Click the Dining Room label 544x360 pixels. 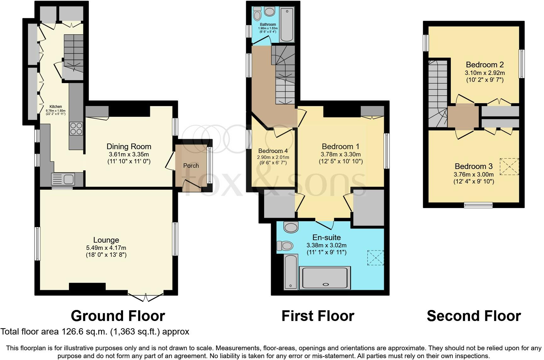point(129,146)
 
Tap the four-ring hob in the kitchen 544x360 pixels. point(76,128)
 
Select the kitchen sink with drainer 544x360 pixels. point(63,179)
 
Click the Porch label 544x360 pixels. point(191,166)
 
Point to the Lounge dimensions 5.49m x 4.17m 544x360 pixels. point(106,248)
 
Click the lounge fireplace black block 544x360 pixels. point(87,286)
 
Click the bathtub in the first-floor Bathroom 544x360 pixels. point(286,25)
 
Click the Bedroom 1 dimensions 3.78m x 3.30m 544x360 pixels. point(341,154)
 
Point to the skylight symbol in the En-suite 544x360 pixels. point(376,258)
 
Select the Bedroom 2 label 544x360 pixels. point(484,65)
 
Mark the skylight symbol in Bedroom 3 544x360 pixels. point(509,166)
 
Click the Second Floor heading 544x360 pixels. point(473,316)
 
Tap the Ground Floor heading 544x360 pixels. point(118,316)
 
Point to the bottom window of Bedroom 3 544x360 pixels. point(478,205)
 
